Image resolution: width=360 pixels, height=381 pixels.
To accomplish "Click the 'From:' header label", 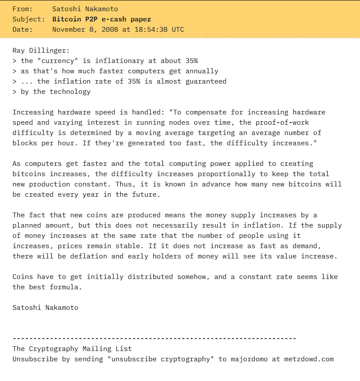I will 23,9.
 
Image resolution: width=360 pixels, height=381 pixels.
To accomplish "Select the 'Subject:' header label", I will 29,19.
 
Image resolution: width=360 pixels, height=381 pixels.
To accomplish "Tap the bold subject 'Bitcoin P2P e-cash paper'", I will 102,19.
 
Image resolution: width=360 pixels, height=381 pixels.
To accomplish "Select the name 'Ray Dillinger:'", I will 41,50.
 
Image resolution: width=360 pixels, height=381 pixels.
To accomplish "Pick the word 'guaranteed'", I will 206,81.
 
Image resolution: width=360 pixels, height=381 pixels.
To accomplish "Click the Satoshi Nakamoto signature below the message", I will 45,307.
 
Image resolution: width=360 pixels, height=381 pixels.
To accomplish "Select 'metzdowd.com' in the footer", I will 309,359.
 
